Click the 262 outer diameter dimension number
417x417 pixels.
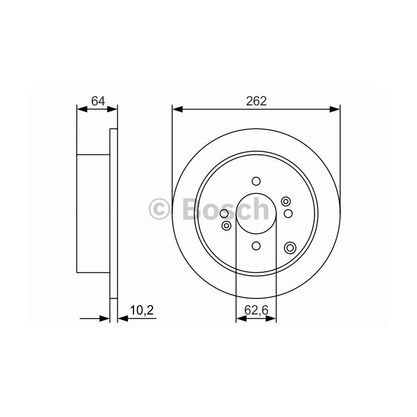pyautogui.click(x=256, y=101)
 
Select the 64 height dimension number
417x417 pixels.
pyautogui.click(x=98, y=101)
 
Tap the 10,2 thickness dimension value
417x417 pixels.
pyautogui.click(x=142, y=310)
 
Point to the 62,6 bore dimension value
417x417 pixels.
pyautogui.click(x=256, y=310)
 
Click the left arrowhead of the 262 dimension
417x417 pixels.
pyautogui.click(x=178, y=109)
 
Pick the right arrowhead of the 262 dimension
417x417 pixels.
pyautogui.click(x=335, y=109)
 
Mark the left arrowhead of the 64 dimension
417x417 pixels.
pyautogui.click(x=82, y=109)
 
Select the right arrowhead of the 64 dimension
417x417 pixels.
pyautogui.click(x=112, y=109)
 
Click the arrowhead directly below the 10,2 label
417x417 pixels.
pyautogui.click(x=123, y=318)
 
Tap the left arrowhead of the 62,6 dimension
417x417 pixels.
pyautogui.click(x=241, y=318)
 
